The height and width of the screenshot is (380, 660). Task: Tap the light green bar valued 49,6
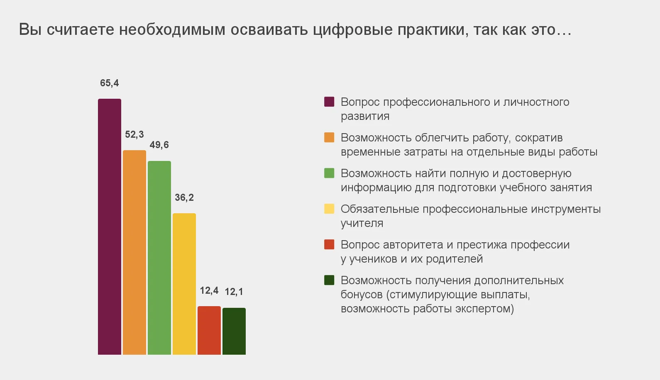[x=159, y=258]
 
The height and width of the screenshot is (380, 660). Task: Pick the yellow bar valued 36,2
[x=184, y=284]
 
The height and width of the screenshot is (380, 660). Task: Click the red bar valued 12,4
[x=209, y=330]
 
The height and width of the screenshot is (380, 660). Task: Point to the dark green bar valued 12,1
[x=234, y=331]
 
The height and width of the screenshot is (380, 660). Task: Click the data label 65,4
[x=110, y=83]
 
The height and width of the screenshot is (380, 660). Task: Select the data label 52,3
[x=134, y=135]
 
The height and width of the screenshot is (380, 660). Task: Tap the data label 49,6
[x=159, y=145]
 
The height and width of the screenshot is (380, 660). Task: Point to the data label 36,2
[x=184, y=198]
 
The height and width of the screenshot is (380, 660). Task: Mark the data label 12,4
[x=209, y=291]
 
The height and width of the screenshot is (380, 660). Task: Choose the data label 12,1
[x=234, y=292]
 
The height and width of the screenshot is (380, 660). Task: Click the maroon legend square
[x=329, y=102]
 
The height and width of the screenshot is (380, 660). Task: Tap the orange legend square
[x=329, y=137]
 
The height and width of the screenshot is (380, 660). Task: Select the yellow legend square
[x=329, y=209]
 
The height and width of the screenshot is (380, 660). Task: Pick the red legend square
[x=329, y=244]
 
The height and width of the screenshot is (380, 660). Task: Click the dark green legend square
[x=329, y=280]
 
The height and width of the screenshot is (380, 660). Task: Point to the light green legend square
[x=329, y=173]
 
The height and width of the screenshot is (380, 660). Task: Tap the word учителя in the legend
[x=362, y=224]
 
